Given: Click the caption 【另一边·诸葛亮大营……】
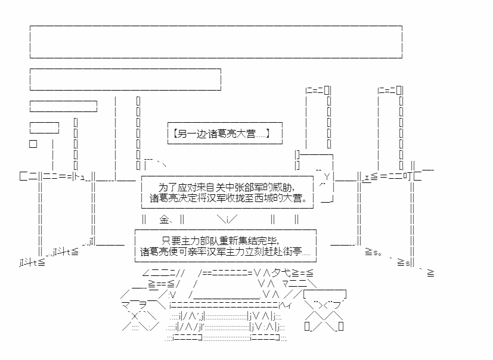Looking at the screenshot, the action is (221, 134).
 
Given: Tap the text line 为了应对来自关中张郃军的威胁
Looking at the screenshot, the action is (227, 188).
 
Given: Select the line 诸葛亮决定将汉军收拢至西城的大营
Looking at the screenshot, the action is (228, 198).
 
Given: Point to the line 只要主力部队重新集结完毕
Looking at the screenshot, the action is (220, 241).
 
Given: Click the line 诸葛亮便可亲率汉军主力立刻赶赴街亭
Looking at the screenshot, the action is (225, 252).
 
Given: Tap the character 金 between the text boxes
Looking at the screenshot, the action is (165, 219).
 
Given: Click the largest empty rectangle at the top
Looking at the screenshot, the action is (216, 42).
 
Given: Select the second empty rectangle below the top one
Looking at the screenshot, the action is (125, 79).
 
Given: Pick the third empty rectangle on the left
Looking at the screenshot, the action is (64, 106).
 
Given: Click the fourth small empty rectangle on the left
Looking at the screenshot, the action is (44, 128).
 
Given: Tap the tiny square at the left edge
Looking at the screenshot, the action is (33, 144).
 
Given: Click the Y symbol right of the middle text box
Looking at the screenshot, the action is (327, 176).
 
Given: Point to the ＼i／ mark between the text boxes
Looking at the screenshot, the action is (227, 219).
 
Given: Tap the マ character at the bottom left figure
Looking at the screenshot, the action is (126, 305).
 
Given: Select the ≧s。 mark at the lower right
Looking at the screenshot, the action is (374, 252).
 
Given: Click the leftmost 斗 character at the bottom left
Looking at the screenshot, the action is (30, 262).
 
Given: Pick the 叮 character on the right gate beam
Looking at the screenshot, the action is (407, 176).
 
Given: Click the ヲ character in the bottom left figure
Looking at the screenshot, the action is (143, 305).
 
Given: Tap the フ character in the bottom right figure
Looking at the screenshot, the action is (336, 305).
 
